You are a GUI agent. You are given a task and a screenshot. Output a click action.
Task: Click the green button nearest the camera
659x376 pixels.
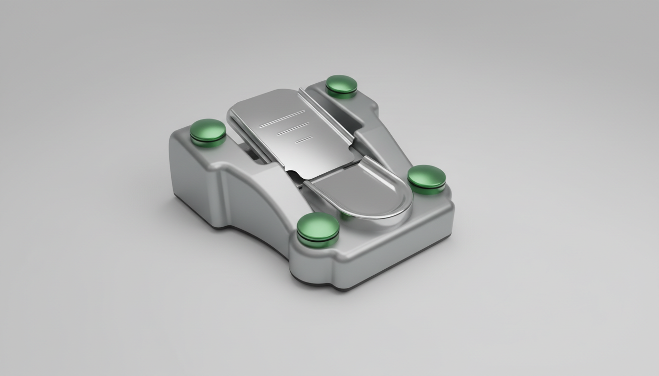point(318,228)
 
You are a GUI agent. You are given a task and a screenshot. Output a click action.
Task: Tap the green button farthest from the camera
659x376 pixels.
point(341,84)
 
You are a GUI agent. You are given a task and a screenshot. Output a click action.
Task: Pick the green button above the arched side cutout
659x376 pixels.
point(208,131)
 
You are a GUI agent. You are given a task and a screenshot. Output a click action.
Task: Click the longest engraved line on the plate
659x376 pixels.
point(282,118)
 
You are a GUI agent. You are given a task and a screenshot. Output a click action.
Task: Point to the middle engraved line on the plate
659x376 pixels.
point(293,129)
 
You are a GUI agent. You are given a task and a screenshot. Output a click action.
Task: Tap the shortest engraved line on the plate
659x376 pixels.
point(304,140)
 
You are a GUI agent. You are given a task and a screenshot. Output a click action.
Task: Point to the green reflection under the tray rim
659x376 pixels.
point(346,215)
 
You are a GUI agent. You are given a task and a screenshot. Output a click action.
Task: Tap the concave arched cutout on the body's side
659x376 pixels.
point(255,206)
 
